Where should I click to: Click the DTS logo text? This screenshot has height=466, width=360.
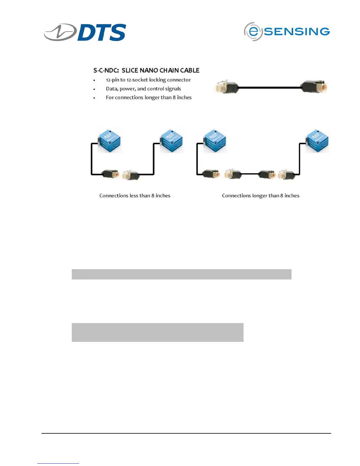102,32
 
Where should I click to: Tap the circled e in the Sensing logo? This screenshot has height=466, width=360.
253,31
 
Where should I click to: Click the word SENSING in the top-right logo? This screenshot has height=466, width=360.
297,31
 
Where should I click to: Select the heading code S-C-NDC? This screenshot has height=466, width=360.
106,70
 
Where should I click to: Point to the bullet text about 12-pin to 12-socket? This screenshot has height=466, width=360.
148,80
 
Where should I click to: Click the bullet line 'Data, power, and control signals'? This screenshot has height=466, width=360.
143,89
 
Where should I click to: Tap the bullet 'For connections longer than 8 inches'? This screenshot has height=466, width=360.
149,97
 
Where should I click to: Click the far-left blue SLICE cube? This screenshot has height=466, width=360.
109,140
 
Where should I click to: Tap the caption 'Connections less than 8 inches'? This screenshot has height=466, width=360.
135,196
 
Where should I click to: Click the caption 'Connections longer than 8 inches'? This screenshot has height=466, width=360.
261,196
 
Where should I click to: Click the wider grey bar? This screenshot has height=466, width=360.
181,274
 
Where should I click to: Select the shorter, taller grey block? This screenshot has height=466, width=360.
157,332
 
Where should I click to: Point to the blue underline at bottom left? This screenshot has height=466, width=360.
58,463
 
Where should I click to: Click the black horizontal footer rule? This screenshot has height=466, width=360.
186,433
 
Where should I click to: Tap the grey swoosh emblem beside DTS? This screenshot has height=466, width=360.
60,32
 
